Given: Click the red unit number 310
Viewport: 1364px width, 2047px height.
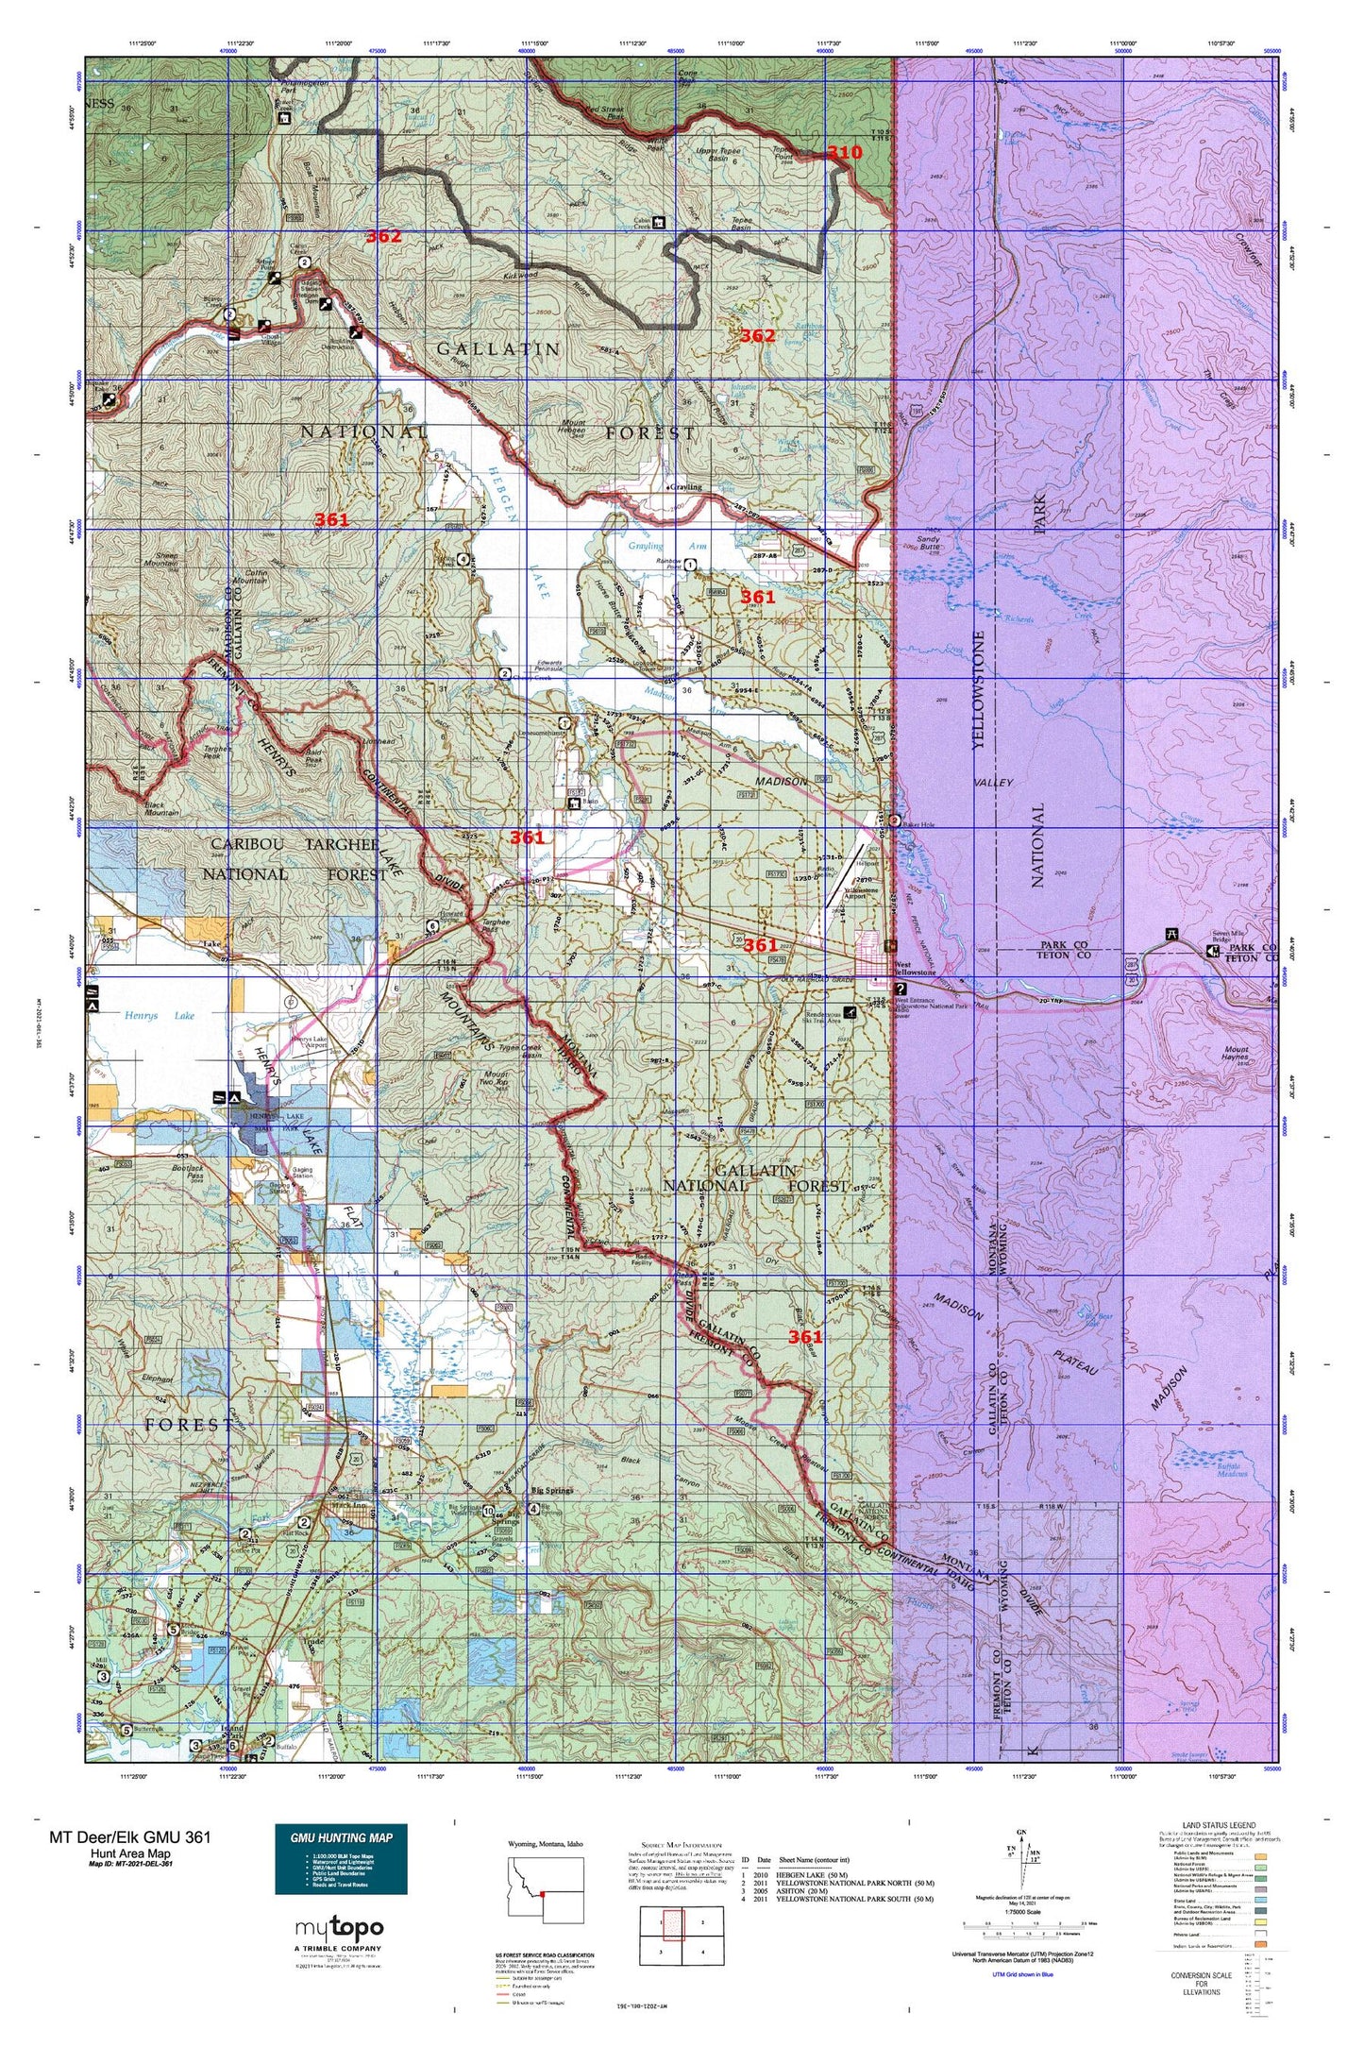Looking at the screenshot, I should point(844,153).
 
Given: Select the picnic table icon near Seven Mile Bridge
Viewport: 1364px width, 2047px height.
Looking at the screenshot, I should point(1171,935).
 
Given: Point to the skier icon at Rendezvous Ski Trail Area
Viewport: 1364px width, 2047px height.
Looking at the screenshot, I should point(851,1013).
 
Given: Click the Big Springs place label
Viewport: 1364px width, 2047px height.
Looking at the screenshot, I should point(552,1491).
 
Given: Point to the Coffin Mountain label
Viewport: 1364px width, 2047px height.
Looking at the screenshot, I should point(248,576).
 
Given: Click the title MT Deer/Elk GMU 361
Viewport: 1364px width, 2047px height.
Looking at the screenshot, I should point(130,1836).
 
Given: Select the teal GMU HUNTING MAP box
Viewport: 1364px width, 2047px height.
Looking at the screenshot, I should point(341,1858).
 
